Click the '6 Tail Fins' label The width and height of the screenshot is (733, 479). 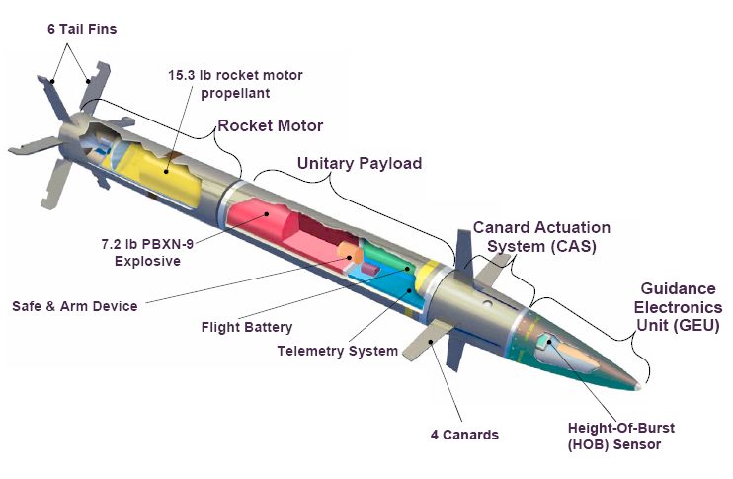click(82, 29)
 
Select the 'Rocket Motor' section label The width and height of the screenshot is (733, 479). click(270, 126)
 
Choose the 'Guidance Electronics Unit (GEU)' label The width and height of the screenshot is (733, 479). click(678, 306)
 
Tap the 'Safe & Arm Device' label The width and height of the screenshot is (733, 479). click(75, 306)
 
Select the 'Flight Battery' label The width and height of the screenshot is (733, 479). click(247, 328)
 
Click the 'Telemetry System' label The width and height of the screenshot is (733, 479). click(337, 351)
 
